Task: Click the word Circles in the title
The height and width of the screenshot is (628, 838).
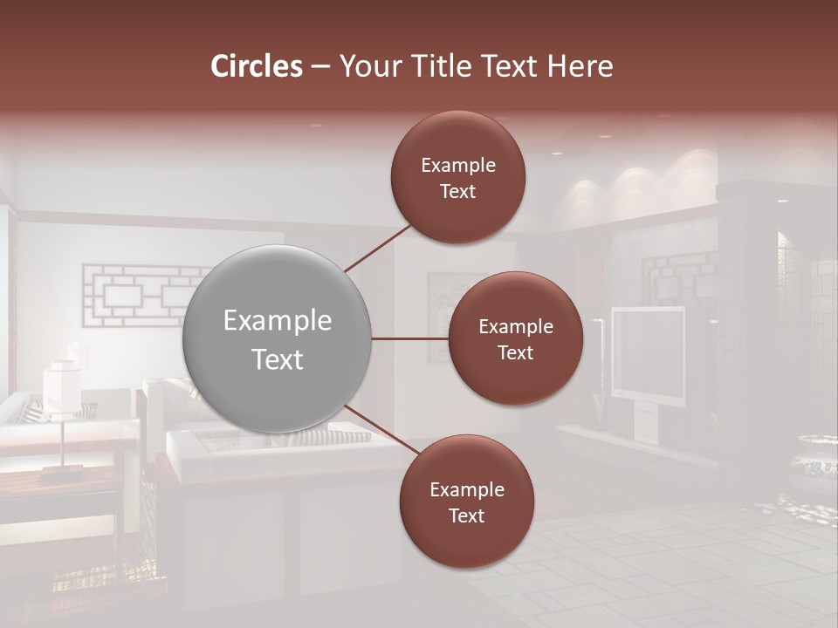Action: (x=257, y=65)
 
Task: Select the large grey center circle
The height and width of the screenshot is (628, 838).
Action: (x=277, y=338)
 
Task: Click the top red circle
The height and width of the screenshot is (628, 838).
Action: (x=457, y=178)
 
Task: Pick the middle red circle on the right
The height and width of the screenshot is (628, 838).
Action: (x=515, y=338)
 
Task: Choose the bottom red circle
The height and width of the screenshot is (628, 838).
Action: (x=466, y=502)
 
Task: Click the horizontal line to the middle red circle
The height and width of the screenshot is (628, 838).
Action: (x=410, y=338)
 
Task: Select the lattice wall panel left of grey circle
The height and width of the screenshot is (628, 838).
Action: (x=140, y=297)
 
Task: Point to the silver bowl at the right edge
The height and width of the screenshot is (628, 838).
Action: (x=816, y=462)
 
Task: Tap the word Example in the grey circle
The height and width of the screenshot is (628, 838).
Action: (x=277, y=321)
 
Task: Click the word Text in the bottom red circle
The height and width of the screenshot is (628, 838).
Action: (x=466, y=515)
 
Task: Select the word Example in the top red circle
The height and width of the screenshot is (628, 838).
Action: (x=457, y=165)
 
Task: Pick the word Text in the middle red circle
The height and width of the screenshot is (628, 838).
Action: (x=515, y=352)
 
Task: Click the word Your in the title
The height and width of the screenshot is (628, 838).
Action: (x=371, y=65)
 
